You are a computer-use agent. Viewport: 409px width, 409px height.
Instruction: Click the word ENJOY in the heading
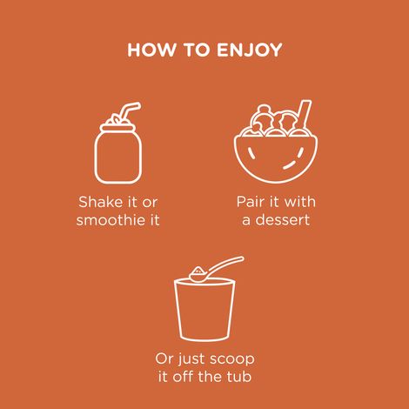point(249,50)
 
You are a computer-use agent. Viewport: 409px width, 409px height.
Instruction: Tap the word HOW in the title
point(151,50)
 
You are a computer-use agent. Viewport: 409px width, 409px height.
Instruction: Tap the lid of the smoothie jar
point(118,128)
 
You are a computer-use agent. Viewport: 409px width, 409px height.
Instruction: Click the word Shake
point(98,202)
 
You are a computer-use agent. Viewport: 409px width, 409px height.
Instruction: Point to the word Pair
point(251,202)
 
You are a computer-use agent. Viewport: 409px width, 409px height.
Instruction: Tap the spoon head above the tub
point(198,274)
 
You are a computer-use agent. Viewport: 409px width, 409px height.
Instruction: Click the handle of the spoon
point(226,265)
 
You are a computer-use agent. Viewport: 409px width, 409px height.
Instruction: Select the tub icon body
point(204,310)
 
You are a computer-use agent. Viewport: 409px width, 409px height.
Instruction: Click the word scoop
point(231,359)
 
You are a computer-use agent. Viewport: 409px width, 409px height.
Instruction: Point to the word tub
point(239,377)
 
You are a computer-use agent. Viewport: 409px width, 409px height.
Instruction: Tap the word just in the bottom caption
point(191,359)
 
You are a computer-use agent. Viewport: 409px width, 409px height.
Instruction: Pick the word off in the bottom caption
point(183,377)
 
